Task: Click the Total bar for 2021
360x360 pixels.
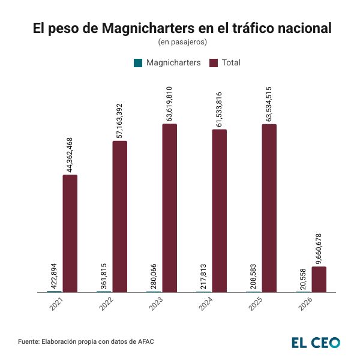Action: pyautogui.click(x=70, y=233)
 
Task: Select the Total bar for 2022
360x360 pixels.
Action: pyautogui.click(x=120, y=217)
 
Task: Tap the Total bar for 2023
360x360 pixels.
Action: pyautogui.click(x=170, y=208)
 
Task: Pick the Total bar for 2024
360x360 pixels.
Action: pyautogui.click(x=220, y=211)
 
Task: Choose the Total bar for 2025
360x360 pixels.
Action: pyautogui.click(x=269, y=208)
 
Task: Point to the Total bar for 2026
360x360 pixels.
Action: pyautogui.click(x=319, y=280)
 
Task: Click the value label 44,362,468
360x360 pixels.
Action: pyautogui.click(x=70, y=155)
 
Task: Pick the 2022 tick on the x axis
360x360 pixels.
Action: pyautogui.click(x=104, y=304)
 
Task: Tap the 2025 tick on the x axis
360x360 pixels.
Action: pyautogui.click(x=254, y=304)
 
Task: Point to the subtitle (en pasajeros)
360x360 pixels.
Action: pyautogui.click(x=182, y=42)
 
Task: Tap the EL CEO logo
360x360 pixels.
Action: pyautogui.click(x=316, y=342)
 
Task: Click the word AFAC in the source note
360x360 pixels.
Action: pyautogui.click(x=145, y=341)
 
